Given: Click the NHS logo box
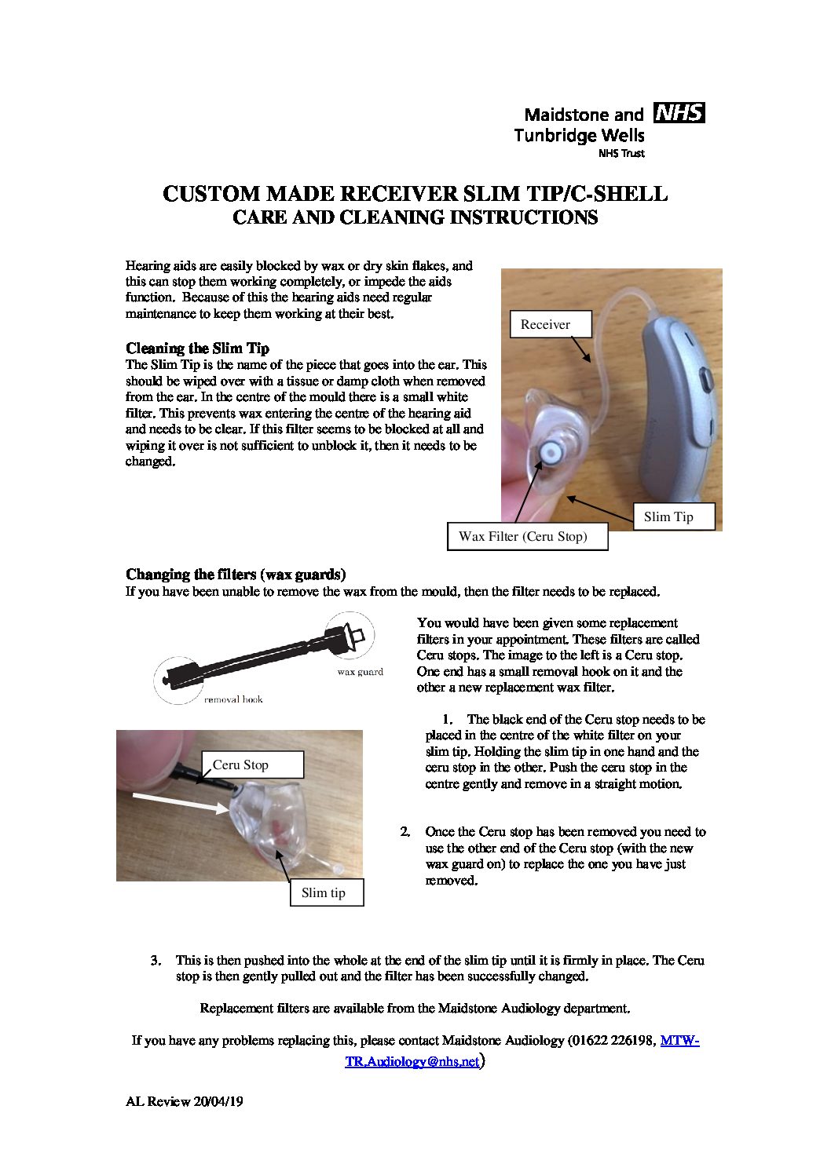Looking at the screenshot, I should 679,113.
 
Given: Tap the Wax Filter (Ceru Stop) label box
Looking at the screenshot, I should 527,537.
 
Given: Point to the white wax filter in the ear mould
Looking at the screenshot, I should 551,453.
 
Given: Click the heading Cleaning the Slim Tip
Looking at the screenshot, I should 197,348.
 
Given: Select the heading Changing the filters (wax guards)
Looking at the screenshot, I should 236,575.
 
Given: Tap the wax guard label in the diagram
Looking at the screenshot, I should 360,672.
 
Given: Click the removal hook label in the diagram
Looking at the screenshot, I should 233,699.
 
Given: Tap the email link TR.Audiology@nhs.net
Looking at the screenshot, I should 412,1062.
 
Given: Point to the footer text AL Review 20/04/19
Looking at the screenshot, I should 185,1102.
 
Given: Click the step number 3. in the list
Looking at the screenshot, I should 156,960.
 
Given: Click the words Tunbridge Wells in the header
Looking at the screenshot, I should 579,135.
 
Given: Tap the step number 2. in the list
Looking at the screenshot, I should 405,831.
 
